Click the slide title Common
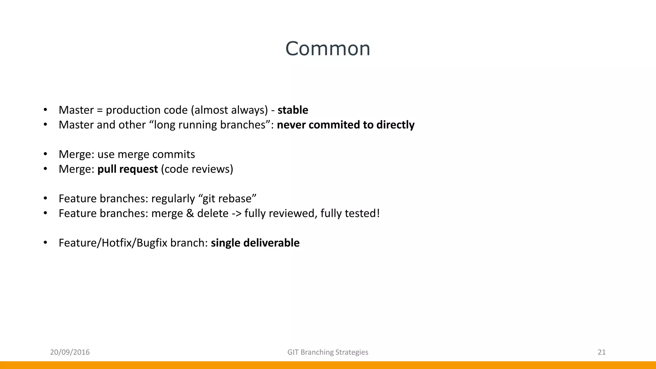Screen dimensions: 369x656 click(x=328, y=49)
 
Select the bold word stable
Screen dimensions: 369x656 click(x=293, y=110)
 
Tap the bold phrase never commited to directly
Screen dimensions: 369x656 click(x=346, y=125)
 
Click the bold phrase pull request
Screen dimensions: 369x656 click(x=127, y=169)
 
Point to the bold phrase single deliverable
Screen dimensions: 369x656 click(x=255, y=243)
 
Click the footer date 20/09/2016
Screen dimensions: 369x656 click(x=70, y=352)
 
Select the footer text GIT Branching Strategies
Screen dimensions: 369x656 click(x=328, y=352)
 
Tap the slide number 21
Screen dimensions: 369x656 click(x=602, y=352)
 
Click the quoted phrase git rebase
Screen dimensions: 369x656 click(x=229, y=199)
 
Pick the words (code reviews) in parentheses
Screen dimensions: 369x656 click(x=197, y=169)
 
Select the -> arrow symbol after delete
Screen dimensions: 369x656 click(x=236, y=214)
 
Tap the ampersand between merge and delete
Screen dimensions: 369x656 click(x=190, y=213)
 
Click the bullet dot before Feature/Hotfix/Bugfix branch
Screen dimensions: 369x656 click(x=45, y=243)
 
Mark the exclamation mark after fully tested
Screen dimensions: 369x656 click(x=378, y=213)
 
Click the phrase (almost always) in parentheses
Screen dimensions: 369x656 click(x=229, y=110)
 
